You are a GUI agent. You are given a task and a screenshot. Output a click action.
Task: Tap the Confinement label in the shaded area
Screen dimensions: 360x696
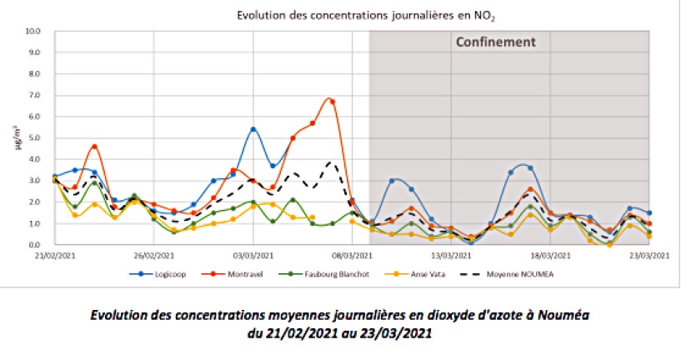tap(494, 42)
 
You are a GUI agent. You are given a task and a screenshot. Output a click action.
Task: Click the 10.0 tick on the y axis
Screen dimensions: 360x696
tap(34, 31)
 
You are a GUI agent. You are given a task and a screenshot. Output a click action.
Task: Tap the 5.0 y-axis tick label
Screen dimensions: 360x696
tap(34, 137)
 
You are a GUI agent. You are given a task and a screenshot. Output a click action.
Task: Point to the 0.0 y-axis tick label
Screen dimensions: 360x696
tap(34, 245)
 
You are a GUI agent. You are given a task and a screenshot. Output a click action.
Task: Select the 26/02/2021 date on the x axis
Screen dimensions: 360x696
tap(151, 255)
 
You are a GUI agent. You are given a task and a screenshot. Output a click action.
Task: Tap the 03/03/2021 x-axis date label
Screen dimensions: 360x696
tap(252, 255)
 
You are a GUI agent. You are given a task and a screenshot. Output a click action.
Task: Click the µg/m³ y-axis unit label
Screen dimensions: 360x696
tap(18, 137)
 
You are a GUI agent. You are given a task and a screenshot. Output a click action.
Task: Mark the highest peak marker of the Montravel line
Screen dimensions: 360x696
tap(332, 102)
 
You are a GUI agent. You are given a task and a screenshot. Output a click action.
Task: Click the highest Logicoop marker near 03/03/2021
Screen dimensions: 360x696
tap(253, 129)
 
